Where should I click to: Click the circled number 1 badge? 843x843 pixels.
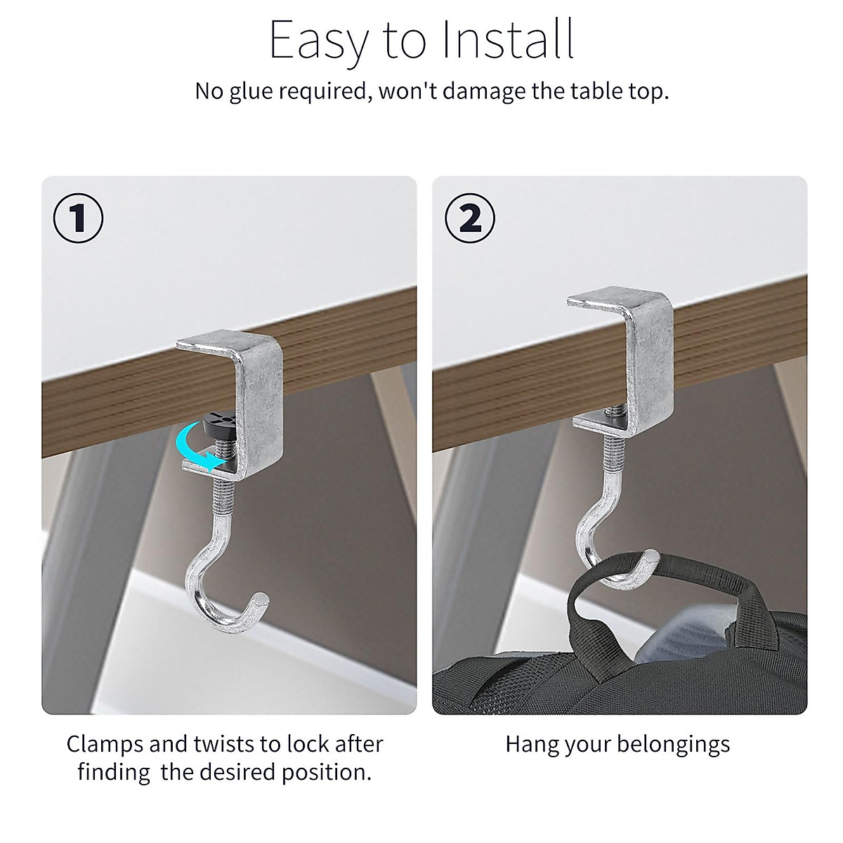pos(79,218)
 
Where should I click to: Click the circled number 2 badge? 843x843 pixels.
pos(470,218)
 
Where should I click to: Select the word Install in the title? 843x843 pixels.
pos(507,40)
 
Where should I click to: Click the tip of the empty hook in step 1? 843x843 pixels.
pos(261,601)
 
